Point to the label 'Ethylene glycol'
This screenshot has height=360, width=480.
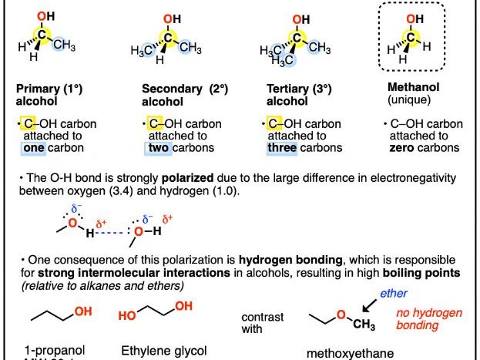[163, 350]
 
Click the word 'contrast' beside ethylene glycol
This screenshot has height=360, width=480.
[261, 317]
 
